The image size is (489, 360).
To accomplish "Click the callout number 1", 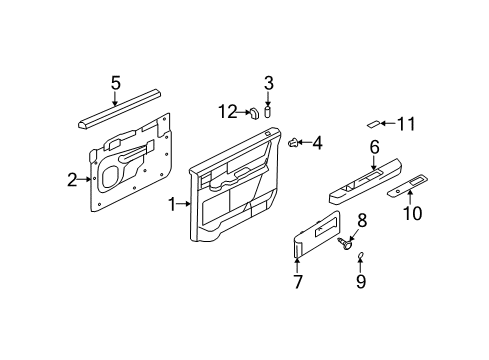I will (x=171, y=204).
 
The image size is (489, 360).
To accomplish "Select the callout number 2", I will (x=72, y=180).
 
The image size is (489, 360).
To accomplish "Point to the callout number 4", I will (x=318, y=143).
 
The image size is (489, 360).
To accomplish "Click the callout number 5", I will (x=115, y=83).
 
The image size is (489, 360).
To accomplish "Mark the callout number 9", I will (x=361, y=281).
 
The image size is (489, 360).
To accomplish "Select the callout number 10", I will (x=411, y=212).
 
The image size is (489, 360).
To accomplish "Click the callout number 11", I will (x=405, y=124).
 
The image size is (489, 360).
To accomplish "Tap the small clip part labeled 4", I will (x=294, y=143).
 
